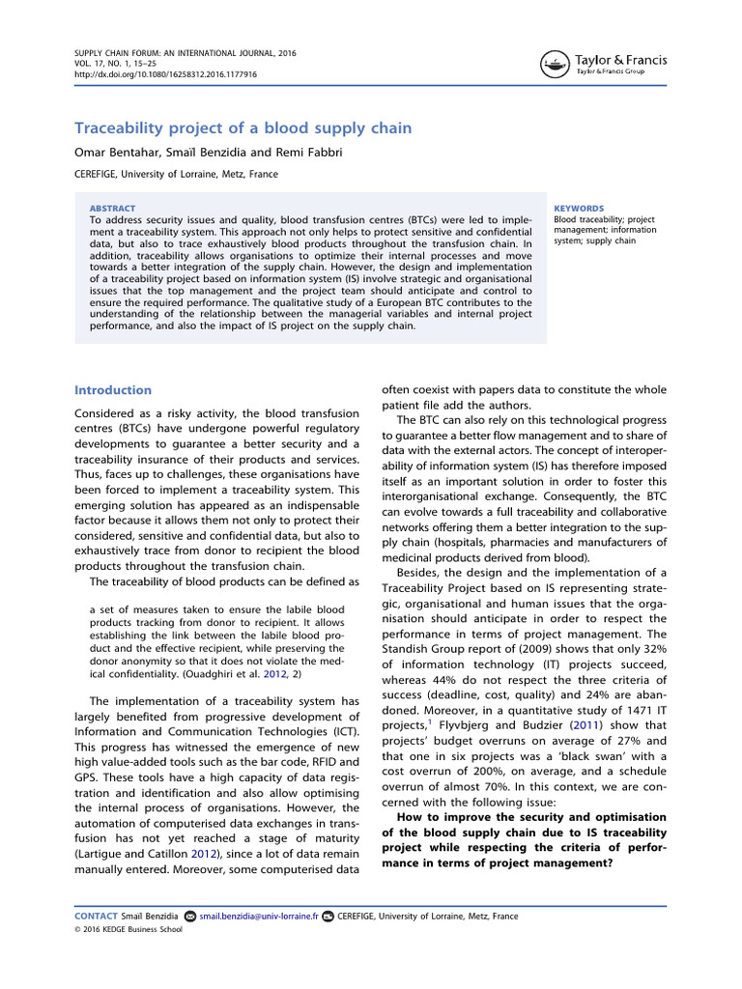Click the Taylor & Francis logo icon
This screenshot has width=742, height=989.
tap(555, 65)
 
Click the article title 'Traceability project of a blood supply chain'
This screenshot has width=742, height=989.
tap(243, 127)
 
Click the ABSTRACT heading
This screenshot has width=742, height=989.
tap(112, 208)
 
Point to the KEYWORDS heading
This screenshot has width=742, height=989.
tap(579, 208)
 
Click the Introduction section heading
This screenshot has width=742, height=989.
tap(113, 390)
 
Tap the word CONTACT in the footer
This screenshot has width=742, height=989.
tap(97, 916)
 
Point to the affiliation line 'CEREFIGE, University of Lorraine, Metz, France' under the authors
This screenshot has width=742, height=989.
tap(176, 175)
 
